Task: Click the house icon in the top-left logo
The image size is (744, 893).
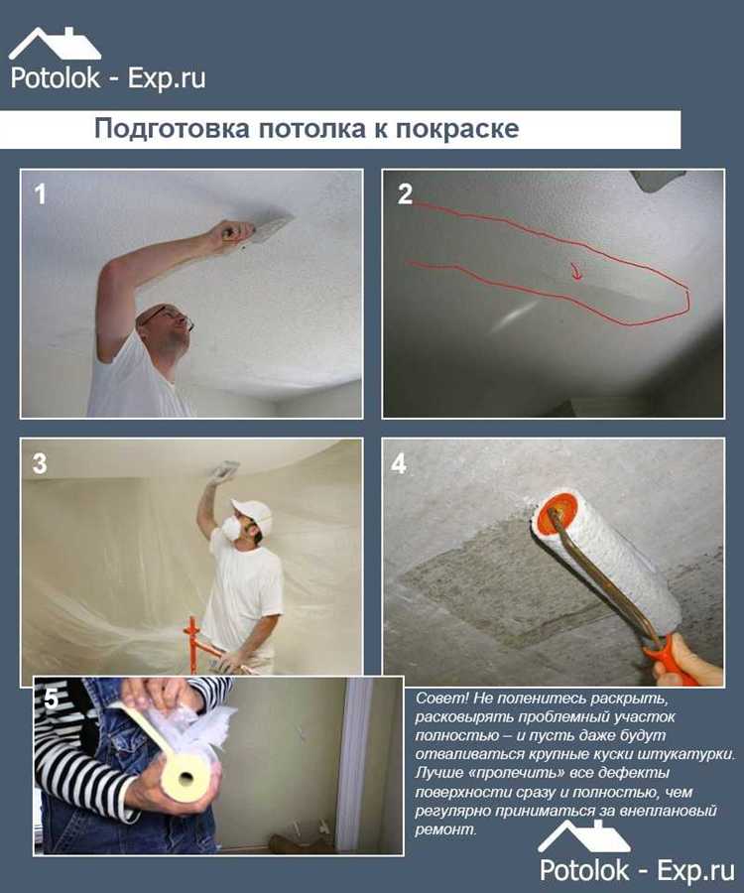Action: tap(55, 44)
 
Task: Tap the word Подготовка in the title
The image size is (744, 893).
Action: tap(172, 129)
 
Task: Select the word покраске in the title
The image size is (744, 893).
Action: tap(457, 129)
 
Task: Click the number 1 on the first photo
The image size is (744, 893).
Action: tap(40, 194)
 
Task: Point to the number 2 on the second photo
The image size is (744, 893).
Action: tap(405, 194)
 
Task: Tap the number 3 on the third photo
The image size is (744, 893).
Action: tap(40, 463)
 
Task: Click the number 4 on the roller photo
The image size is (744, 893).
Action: tap(399, 463)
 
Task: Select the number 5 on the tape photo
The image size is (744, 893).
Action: tap(52, 699)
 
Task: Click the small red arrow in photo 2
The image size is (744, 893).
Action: tap(576, 271)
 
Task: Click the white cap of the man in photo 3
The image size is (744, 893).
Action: tap(251, 509)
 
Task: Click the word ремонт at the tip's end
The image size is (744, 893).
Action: tap(444, 829)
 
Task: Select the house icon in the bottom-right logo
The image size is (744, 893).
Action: tap(584, 836)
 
